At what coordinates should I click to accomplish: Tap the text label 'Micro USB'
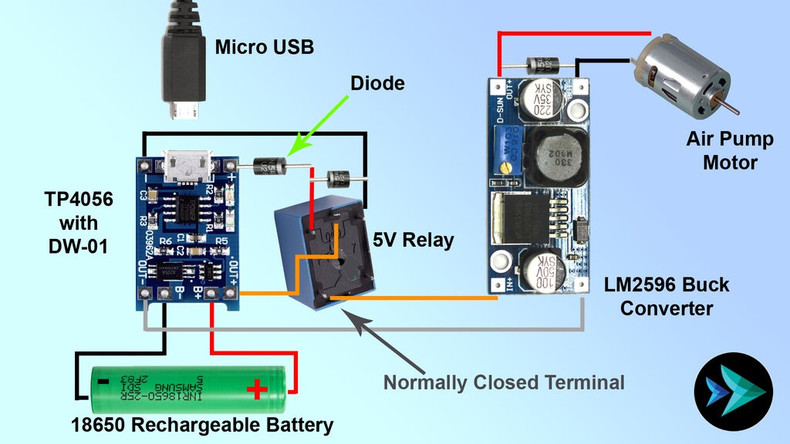[x=265, y=47]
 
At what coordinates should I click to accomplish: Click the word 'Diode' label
[x=377, y=83]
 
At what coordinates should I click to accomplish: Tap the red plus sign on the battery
[x=255, y=389]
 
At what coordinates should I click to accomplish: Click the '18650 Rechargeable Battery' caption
[x=202, y=425]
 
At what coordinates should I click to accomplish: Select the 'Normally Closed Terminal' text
[x=505, y=382]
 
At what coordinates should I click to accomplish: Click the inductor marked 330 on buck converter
[x=552, y=159]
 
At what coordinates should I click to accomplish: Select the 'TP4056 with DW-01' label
[x=78, y=224]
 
